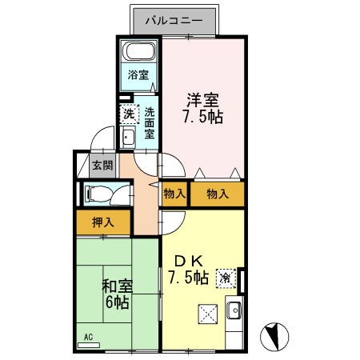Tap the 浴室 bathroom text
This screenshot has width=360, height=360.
click(x=139, y=75)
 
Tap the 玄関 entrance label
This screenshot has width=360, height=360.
click(x=102, y=166)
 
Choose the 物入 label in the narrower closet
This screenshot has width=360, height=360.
click(x=174, y=194)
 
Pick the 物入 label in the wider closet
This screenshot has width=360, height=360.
click(x=217, y=194)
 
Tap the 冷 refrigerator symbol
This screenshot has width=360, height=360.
click(x=226, y=278)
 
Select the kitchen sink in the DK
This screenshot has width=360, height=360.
click(x=234, y=311)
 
